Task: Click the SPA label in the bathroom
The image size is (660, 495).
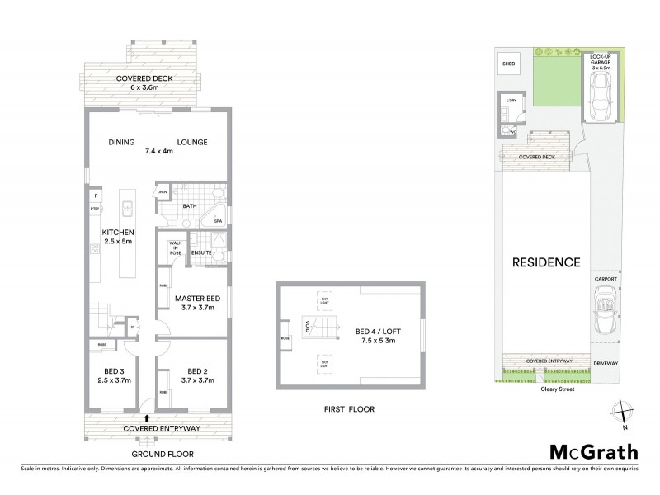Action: (x=219, y=222)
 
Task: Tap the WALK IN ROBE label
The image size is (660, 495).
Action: (x=174, y=248)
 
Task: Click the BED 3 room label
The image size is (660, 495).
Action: (x=114, y=375)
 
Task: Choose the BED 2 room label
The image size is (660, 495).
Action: (x=195, y=375)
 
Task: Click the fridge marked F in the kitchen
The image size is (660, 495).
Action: (x=97, y=196)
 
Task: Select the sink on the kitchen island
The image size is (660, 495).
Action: (x=129, y=206)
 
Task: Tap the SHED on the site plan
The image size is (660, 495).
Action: (x=507, y=63)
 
